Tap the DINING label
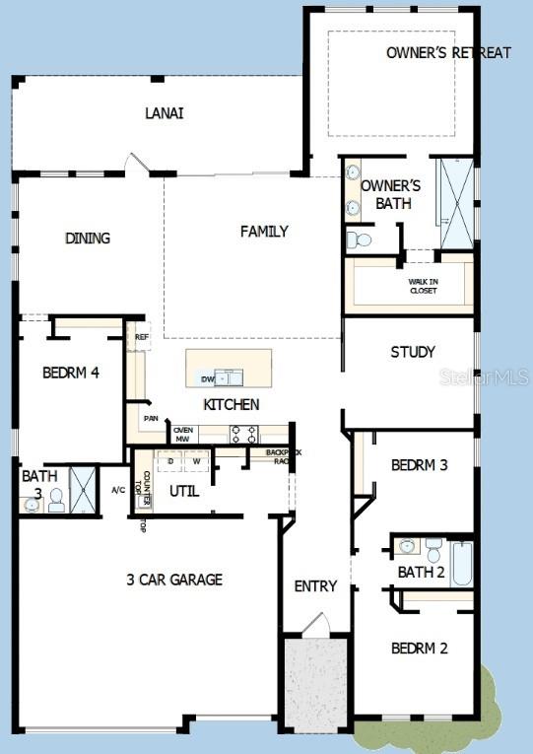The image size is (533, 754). point(88,238)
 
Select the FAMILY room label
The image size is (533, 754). point(264,232)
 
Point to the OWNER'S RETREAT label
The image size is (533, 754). point(448,52)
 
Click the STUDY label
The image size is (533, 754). point(412,352)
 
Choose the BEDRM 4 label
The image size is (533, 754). point(70,373)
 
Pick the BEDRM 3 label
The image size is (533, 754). point(419,464)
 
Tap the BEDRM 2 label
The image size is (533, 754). point(419,648)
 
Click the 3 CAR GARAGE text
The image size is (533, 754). point(173,580)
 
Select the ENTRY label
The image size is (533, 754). point(315,586)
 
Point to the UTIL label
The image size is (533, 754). point(184,490)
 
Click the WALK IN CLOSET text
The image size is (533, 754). point(423,286)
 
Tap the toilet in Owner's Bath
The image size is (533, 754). point(360,240)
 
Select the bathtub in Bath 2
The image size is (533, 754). point(463,564)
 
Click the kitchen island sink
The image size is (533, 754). point(228,377)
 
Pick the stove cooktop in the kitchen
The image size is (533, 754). point(244,433)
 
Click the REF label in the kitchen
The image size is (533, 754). point(142,337)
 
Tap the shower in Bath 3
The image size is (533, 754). point(85,490)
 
